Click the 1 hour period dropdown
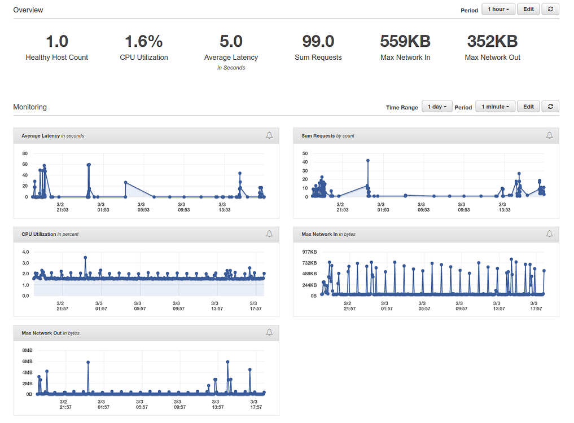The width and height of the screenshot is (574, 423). [498, 10]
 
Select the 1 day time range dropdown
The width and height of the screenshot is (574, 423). [437, 107]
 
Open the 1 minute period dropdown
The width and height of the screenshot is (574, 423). [495, 107]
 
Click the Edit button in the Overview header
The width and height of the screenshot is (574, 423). [528, 10]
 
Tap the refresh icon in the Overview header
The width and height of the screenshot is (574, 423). [550, 10]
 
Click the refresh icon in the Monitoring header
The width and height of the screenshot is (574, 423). [550, 107]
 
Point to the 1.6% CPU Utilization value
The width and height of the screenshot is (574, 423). [143, 42]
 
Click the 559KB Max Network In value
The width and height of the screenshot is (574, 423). [405, 42]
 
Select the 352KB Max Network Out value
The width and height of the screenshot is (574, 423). [492, 42]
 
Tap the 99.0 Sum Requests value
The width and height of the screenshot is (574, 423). [318, 42]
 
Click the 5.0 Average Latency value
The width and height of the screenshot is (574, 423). [231, 42]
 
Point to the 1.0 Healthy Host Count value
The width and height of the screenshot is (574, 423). [56, 42]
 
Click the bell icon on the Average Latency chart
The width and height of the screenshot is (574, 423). [269, 135]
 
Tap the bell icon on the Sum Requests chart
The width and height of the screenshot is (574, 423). [549, 135]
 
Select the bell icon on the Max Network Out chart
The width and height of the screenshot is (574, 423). [269, 333]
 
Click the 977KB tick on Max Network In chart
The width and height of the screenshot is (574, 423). [309, 252]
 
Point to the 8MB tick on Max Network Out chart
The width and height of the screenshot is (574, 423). [28, 351]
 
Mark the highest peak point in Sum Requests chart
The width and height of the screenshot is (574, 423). [368, 161]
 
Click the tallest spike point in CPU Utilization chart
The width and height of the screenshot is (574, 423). [85, 258]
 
